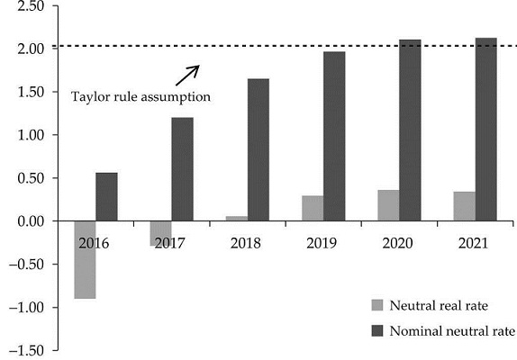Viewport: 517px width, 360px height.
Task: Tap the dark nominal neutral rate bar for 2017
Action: click(x=182, y=168)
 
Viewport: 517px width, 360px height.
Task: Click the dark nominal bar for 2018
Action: click(x=258, y=148)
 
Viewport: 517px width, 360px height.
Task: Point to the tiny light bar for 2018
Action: click(x=236, y=218)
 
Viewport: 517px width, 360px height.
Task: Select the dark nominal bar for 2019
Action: click(x=334, y=135)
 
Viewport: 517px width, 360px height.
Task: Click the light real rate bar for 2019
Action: click(x=313, y=208)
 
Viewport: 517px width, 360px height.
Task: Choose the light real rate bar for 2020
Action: click(x=388, y=205)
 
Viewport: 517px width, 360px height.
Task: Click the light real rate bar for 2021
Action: click(x=464, y=206)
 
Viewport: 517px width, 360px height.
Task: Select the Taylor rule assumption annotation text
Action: click(x=141, y=96)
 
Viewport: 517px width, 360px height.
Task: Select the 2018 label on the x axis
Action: click(x=247, y=243)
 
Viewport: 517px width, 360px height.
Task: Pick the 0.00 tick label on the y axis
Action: click(x=30, y=221)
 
